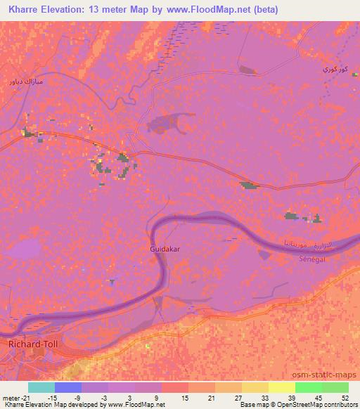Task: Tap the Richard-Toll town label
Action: click(30, 345)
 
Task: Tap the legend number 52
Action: click(345, 397)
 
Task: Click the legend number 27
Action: click(238, 397)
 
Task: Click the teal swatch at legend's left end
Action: click(41, 387)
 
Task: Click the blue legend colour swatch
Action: click(68, 387)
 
